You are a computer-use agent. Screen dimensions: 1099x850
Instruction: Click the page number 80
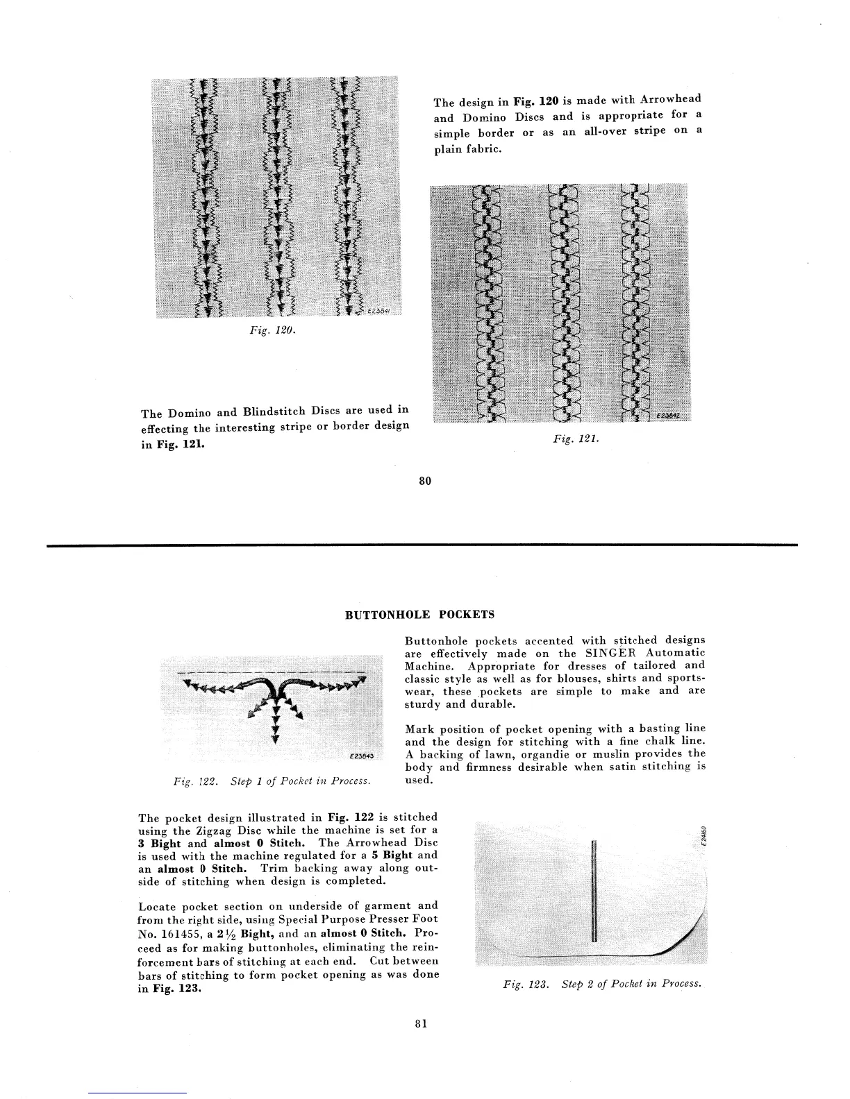coord(425,480)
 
